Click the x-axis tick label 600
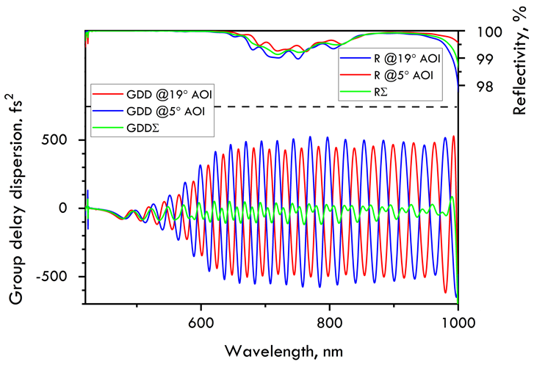coord(201,321)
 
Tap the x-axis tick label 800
coord(329,321)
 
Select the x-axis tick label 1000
coord(457,321)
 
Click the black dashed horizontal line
coord(294,107)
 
